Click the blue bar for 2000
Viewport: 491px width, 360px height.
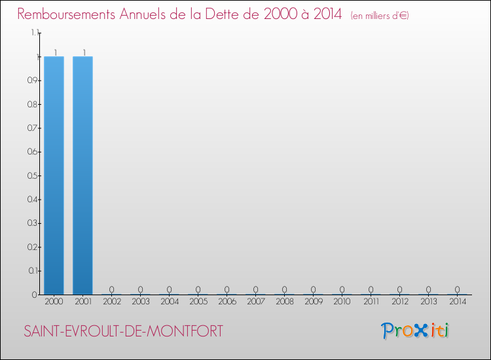[54, 175]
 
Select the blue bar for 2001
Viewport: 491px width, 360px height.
[82, 175]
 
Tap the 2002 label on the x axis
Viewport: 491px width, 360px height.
[111, 302]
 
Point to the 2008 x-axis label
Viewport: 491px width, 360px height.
[284, 302]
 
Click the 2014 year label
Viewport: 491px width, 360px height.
[457, 302]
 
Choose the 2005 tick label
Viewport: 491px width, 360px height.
[198, 302]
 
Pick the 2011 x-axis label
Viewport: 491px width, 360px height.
[371, 302]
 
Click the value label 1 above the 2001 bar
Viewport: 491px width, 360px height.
[83, 52]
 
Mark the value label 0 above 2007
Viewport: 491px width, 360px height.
[255, 289]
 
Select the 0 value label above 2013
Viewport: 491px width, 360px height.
[428, 289]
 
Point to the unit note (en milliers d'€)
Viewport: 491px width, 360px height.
[380, 16]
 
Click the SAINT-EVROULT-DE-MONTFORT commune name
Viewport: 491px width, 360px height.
[123, 331]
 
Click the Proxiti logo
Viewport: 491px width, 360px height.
[415, 331]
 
